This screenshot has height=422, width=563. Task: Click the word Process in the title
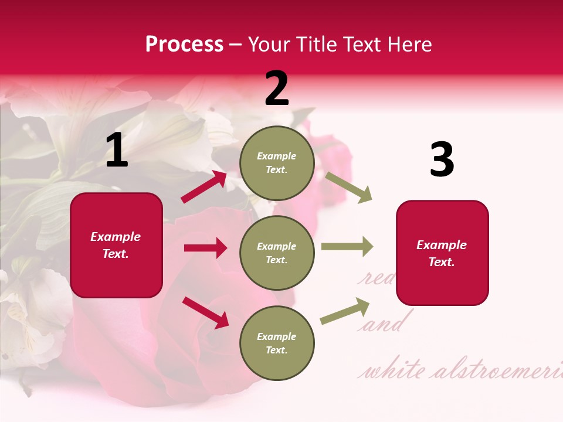pyautogui.click(x=184, y=44)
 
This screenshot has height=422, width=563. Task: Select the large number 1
pyautogui.click(x=117, y=150)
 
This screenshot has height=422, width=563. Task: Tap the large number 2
pyautogui.click(x=277, y=89)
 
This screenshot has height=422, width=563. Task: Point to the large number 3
pyautogui.click(x=442, y=159)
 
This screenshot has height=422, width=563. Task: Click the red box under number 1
pyautogui.click(x=116, y=245)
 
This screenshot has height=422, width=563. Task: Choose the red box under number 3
pyautogui.click(x=442, y=253)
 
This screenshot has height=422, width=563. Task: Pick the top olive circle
pyautogui.click(x=277, y=163)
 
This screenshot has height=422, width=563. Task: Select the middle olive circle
pyautogui.click(x=277, y=253)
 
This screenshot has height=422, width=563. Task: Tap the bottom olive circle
pyautogui.click(x=277, y=343)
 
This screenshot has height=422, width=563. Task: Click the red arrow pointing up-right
pyautogui.click(x=204, y=187)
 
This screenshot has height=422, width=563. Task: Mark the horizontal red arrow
pyautogui.click(x=205, y=248)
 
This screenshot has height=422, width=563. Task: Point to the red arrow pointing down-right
pyautogui.click(x=205, y=312)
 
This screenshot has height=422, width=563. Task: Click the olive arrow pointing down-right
pyautogui.click(x=348, y=188)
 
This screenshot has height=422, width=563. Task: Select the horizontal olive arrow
pyautogui.click(x=347, y=247)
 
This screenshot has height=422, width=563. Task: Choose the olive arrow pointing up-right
pyautogui.click(x=345, y=311)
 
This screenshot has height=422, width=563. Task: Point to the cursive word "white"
pyautogui.click(x=394, y=370)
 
